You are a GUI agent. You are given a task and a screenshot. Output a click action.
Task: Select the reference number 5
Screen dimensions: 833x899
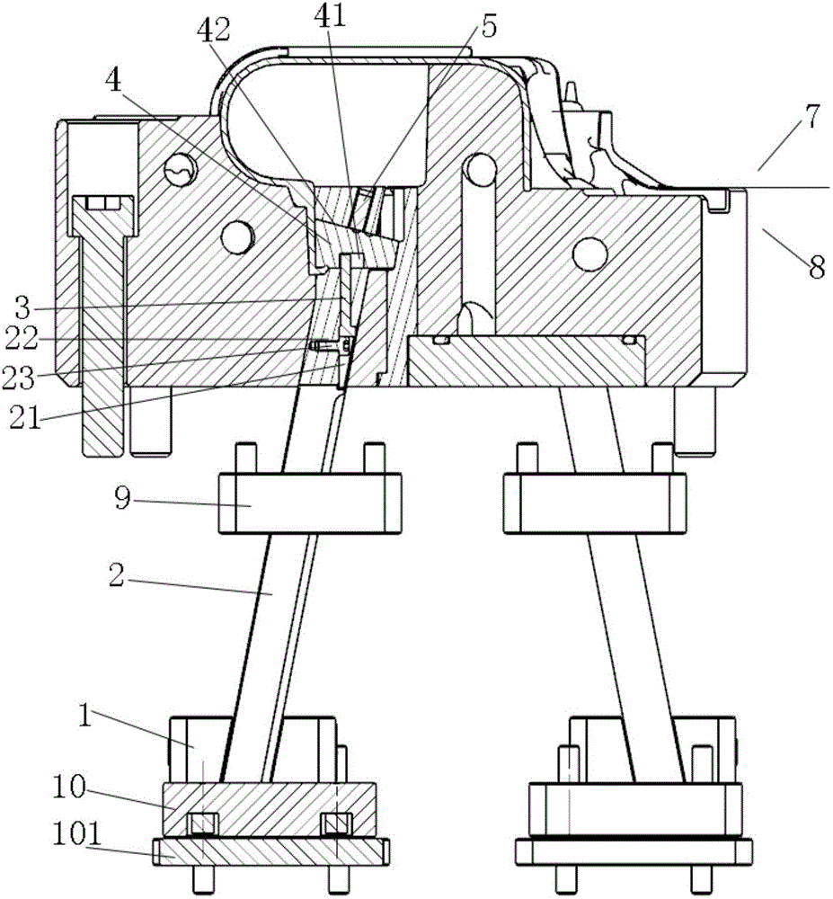(488, 27)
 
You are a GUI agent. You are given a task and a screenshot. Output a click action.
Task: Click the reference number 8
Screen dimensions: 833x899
(817, 267)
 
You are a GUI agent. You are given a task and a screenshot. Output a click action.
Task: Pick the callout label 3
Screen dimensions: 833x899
(22, 308)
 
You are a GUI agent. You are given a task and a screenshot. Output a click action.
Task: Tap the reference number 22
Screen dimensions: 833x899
(22, 339)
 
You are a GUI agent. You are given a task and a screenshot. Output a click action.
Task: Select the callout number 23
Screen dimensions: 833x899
(20, 378)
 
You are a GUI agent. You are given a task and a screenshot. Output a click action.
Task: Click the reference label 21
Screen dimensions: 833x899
(25, 418)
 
